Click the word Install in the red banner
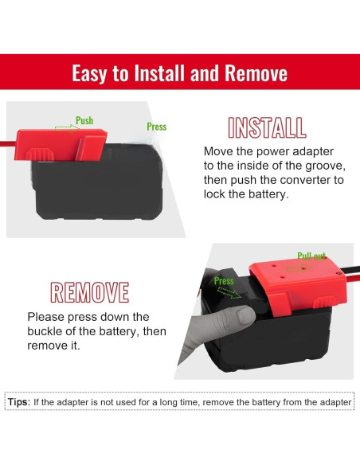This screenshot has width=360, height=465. coord(159,73)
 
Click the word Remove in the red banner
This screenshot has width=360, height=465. coord(256,73)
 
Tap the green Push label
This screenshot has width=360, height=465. coord(84,120)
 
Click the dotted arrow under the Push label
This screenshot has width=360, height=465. coord(67,128)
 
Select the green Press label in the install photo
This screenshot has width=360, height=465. coord(157,127)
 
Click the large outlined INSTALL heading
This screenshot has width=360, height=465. coord(267,128)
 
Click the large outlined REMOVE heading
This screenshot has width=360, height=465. coord(89,292)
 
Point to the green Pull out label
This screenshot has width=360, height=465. coord(311,256)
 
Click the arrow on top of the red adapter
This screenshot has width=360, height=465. coord(299,268)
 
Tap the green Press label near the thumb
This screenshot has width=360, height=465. coord(224,280)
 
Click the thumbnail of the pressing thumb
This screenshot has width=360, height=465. coord(245,315)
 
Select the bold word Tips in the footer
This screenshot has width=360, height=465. coord(19,402)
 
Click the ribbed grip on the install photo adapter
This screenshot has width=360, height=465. coord(40,154)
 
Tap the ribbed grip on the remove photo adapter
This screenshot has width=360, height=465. coord(326,302)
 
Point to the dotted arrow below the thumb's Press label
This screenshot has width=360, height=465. coord(229,293)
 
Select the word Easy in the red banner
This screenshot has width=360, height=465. coord(89,73)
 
